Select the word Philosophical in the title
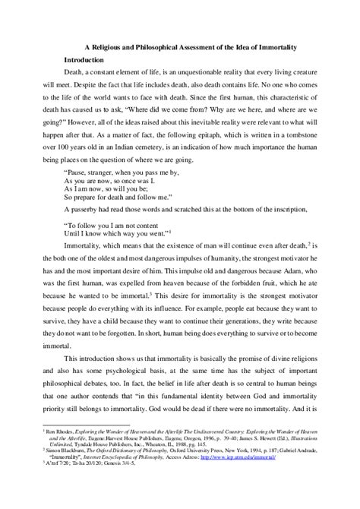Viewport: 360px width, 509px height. [x=174, y=43]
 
